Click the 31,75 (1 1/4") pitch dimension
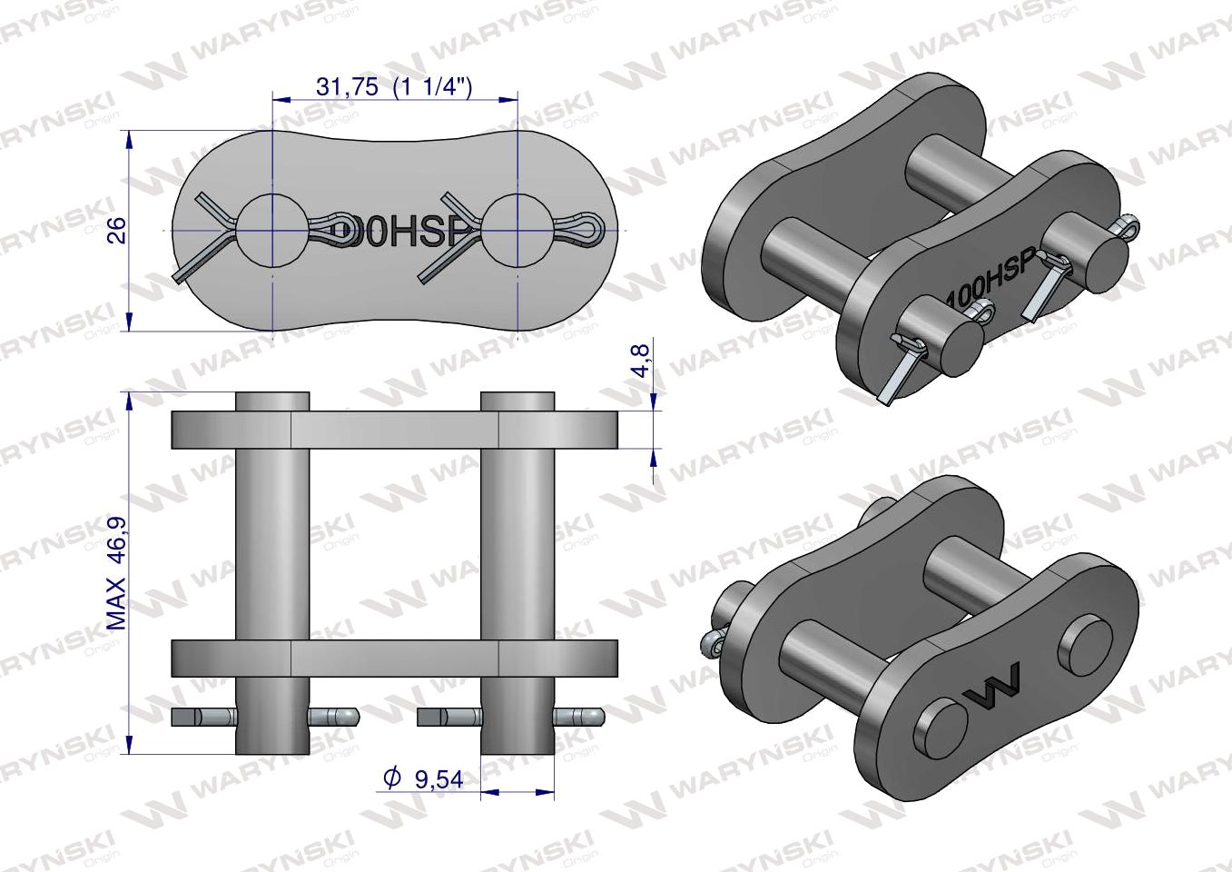tap(394, 86)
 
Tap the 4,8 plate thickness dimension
tap(642, 360)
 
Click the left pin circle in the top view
tap(271, 231)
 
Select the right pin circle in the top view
tap(517, 231)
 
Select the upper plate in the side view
tap(395, 429)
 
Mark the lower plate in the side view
tap(395, 656)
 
